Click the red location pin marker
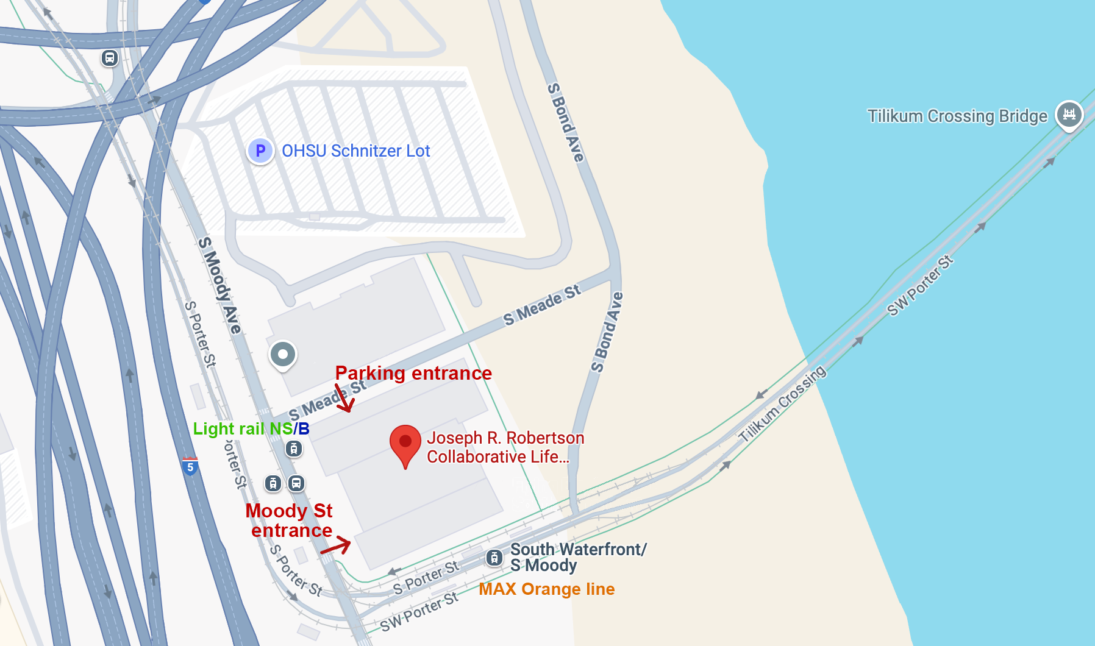(x=405, y=443)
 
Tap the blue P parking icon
(x=260, y=151)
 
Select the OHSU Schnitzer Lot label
(x=355, y=151)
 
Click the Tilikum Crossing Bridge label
(x=957, y=116)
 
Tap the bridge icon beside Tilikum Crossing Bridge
(x=1069, y=114)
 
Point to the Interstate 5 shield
(x=190, y=467)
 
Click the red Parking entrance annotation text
(x=413, y=373)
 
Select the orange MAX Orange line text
(x=546, y=589)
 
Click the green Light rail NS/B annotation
(x=251, y=428)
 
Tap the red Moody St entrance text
(x=290, y=520)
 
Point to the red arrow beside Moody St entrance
(x=337, y=546)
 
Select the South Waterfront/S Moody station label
(x=577, y=557)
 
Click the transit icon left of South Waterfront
(x=494, y=557)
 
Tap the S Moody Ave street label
(x=220, y=285)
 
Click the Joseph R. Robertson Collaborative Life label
(x=505, y=447)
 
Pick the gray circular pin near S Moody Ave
(x=283, y=355)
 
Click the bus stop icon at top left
(x=110, y=58)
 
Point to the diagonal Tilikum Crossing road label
(x=782, y=403)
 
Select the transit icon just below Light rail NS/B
(x=294, y=449)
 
